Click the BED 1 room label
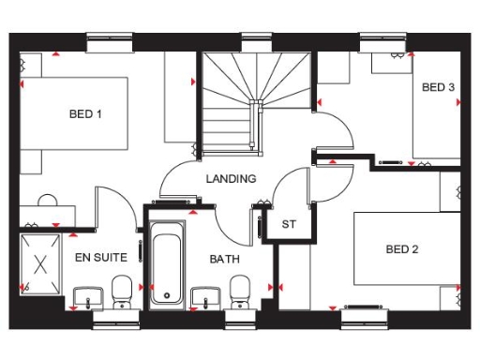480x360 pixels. click(x=85, y=114)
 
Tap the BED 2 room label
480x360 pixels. click(x=402, y=249)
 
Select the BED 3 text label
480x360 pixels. click(x=438, y=88)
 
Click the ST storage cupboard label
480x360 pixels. click(x=289, y=224)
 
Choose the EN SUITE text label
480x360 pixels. click(x=90, y=255)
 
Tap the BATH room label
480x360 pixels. click(x=225, y=259)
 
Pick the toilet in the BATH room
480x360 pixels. click(x=240, y=290)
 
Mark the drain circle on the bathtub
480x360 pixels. click(x=166, y=295)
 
